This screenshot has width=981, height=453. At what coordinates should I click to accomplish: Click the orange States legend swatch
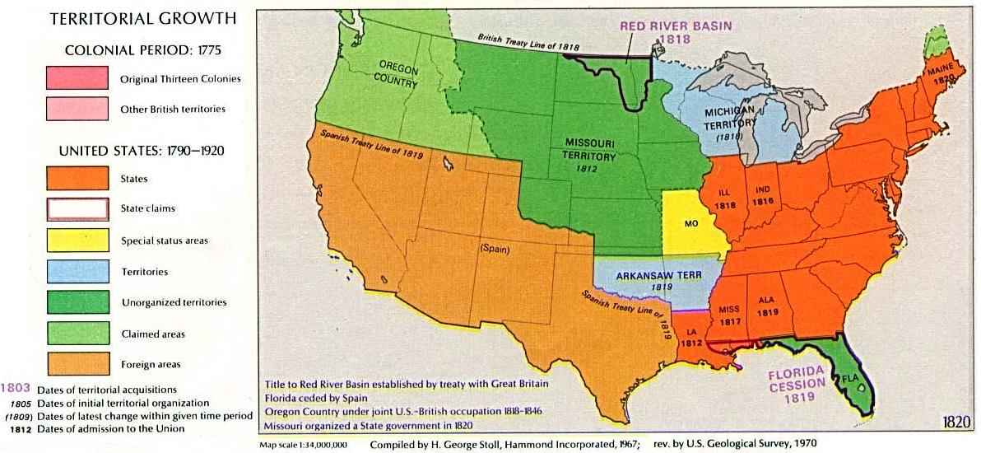(77, 178)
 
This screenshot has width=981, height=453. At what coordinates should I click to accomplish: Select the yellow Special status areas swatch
(77, 241)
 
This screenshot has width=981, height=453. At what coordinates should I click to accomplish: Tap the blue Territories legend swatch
(77, 271)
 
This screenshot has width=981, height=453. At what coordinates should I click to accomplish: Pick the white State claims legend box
(77, 209)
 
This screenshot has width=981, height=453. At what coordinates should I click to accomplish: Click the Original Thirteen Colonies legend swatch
(77, 78)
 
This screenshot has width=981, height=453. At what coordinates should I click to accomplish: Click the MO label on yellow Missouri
(691, 223)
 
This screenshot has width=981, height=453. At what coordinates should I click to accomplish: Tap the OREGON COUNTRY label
(398, 71)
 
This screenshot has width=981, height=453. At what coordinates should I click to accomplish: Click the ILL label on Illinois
(725, 193)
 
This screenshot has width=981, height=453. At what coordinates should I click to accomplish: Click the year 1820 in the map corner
(957, 422)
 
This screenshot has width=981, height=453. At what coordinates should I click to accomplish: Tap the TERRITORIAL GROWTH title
(142, 18)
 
